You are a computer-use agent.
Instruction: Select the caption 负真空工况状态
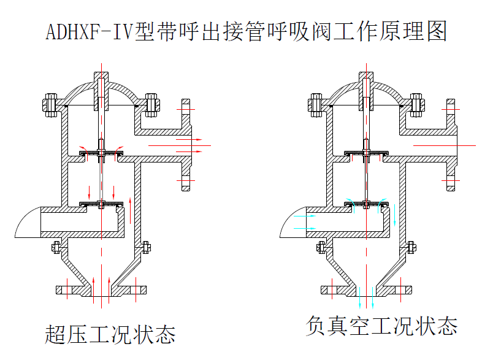pyautogui.click(x=381, y=326)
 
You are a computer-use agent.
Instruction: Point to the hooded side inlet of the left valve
pyautogui.click(x=28, y=222)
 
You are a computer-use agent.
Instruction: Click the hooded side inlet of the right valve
pyautogui.click(x=293, y=222)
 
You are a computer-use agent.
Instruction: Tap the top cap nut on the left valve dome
pyautogui.click(x=102, y=80)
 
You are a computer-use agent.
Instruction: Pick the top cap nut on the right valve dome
pyautogui.click(x=366, y=80)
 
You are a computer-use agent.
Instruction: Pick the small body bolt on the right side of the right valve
pyautogui.click(x=411, y=247)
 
